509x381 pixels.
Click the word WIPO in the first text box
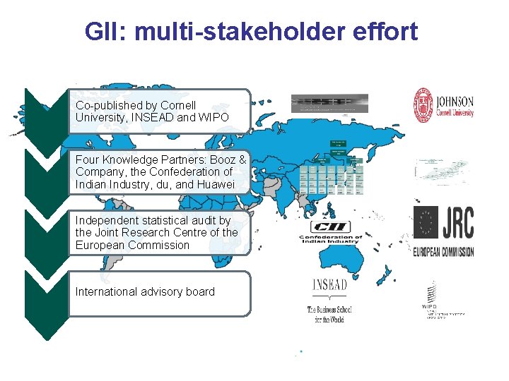coord(213,118)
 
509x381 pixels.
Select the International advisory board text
coord(145,292)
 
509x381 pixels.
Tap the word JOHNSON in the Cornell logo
coord(454,101)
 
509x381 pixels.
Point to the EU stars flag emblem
coord(426,224)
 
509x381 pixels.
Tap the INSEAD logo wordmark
coord(329,284)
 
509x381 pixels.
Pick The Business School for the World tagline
coord(329,315)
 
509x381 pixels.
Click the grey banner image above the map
coord(329,103)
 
